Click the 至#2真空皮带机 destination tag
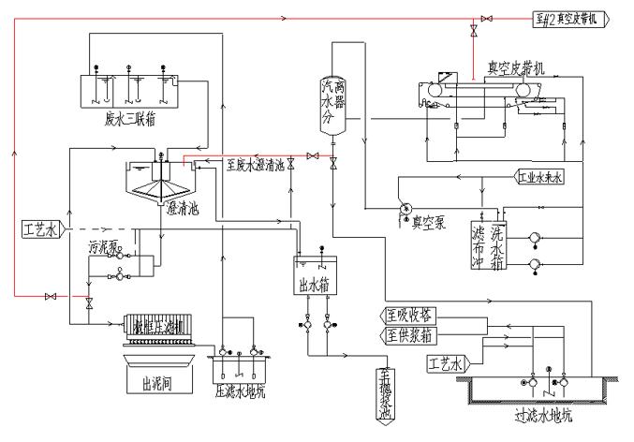pyautogui.click(x=570, y=19)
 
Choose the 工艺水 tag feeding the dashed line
pyautogui.click(x=41, y=228)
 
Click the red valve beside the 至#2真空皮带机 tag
pyautogui.click(x=486, y=19)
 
